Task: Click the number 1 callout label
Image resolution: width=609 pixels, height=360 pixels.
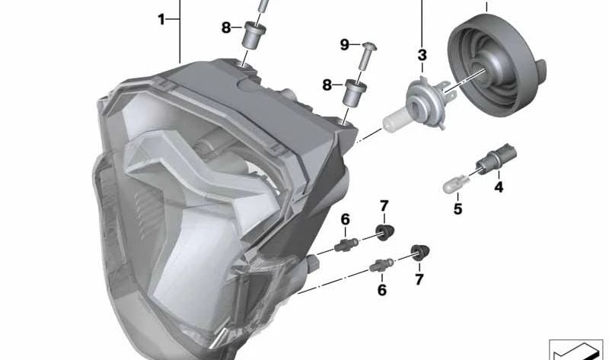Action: tap(161, 19)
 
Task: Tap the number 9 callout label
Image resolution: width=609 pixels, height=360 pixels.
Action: tap(345, 45)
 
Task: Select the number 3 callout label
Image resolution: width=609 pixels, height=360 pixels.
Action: tap(422, 55)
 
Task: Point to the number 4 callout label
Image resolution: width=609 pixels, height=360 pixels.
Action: tap(499, 187)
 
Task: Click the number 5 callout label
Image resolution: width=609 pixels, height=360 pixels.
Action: tap(458, 209)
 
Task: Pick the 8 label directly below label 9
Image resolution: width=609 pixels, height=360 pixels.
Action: tap(327, 84)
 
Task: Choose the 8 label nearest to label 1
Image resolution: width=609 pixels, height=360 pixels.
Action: tap(226, 28)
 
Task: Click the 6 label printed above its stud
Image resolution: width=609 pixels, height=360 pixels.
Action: tap(346, 220)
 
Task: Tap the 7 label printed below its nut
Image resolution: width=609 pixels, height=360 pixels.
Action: tap(419, 279)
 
